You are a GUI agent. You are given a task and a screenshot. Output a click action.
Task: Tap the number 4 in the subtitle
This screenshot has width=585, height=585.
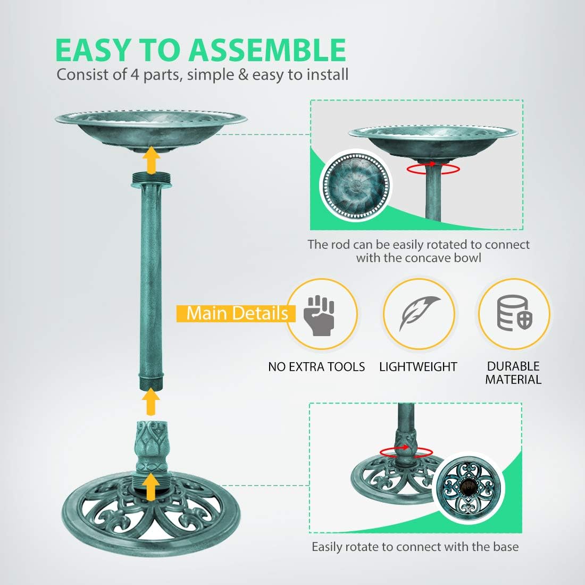point(135,74)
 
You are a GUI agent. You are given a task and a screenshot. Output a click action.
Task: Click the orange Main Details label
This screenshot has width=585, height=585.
point(237,313)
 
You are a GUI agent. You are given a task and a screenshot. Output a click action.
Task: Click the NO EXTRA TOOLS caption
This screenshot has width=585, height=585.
point(316,367)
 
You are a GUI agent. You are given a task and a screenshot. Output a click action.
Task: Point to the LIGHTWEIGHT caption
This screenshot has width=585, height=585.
point(418,367)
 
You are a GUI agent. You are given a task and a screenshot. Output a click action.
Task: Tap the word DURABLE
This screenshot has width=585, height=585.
point(513,366)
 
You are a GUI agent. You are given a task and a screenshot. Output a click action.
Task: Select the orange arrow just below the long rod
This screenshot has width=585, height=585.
point(152,402)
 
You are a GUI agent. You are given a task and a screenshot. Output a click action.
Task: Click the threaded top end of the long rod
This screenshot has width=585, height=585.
point(152,179)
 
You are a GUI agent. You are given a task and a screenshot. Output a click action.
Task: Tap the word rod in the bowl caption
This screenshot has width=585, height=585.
point(340,245)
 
